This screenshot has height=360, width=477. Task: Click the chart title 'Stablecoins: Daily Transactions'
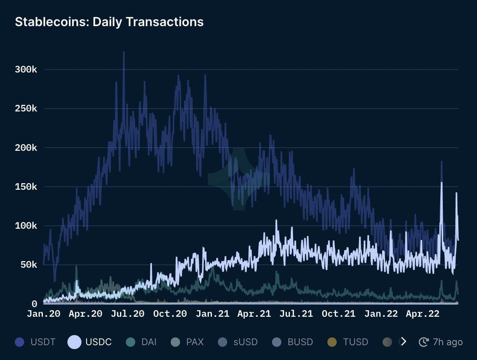pyautogui.click(x=109, y=22)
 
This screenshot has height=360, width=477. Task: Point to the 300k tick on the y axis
pyautogui.click(x=26, y=70)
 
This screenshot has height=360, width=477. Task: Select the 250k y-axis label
pyautogui.click(x=26, y=109)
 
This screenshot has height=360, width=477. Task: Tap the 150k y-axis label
pyautogui.click(x=26, y=187)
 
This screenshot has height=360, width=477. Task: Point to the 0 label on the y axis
pyautogui.click(x=34, y=304)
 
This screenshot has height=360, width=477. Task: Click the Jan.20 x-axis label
pyautogui.click(x=44, y=314)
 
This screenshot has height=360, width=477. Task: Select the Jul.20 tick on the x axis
pyautogui.click(x=128, y=314)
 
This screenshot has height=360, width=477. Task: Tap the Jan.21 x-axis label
pyautogui.click(x=212, y=314)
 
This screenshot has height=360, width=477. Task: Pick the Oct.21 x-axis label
pyautogui.click(x=339, y=314)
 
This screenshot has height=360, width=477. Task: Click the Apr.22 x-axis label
pyautogui.click(x=423, y=314)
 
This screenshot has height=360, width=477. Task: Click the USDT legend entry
pyautogui.click(x=35, y=342)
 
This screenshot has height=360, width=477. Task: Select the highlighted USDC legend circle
pyautogui.click(x=74, y=342)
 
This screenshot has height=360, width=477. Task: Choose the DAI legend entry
pyautogui.click(x=141, y=342)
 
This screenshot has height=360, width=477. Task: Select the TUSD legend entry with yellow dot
pyautogui.click(x=348, y=342)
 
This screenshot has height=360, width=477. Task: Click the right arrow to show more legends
pyautogui.click(x=403, y=342)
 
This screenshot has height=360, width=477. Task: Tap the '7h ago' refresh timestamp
pyautogui.click(x=441, y=342)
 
